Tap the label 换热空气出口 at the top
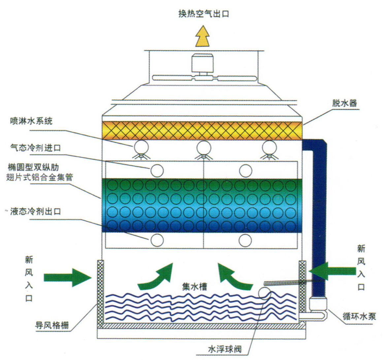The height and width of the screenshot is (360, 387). pyautogui.click(x=203, y=14)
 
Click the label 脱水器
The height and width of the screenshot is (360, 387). pyautogui.click(x=344, y=103)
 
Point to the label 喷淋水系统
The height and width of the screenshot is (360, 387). pyautogui.click(x=31, y=121)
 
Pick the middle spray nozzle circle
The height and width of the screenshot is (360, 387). pyautogui.click(x=204, y=147)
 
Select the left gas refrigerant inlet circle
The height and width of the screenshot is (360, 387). pyautogui.click(x=157, y=170)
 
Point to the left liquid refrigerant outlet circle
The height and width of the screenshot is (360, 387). pyautogui.click(x=157, y=240)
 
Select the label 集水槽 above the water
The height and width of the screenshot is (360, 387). pyautogui.click(x=195, y=286)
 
